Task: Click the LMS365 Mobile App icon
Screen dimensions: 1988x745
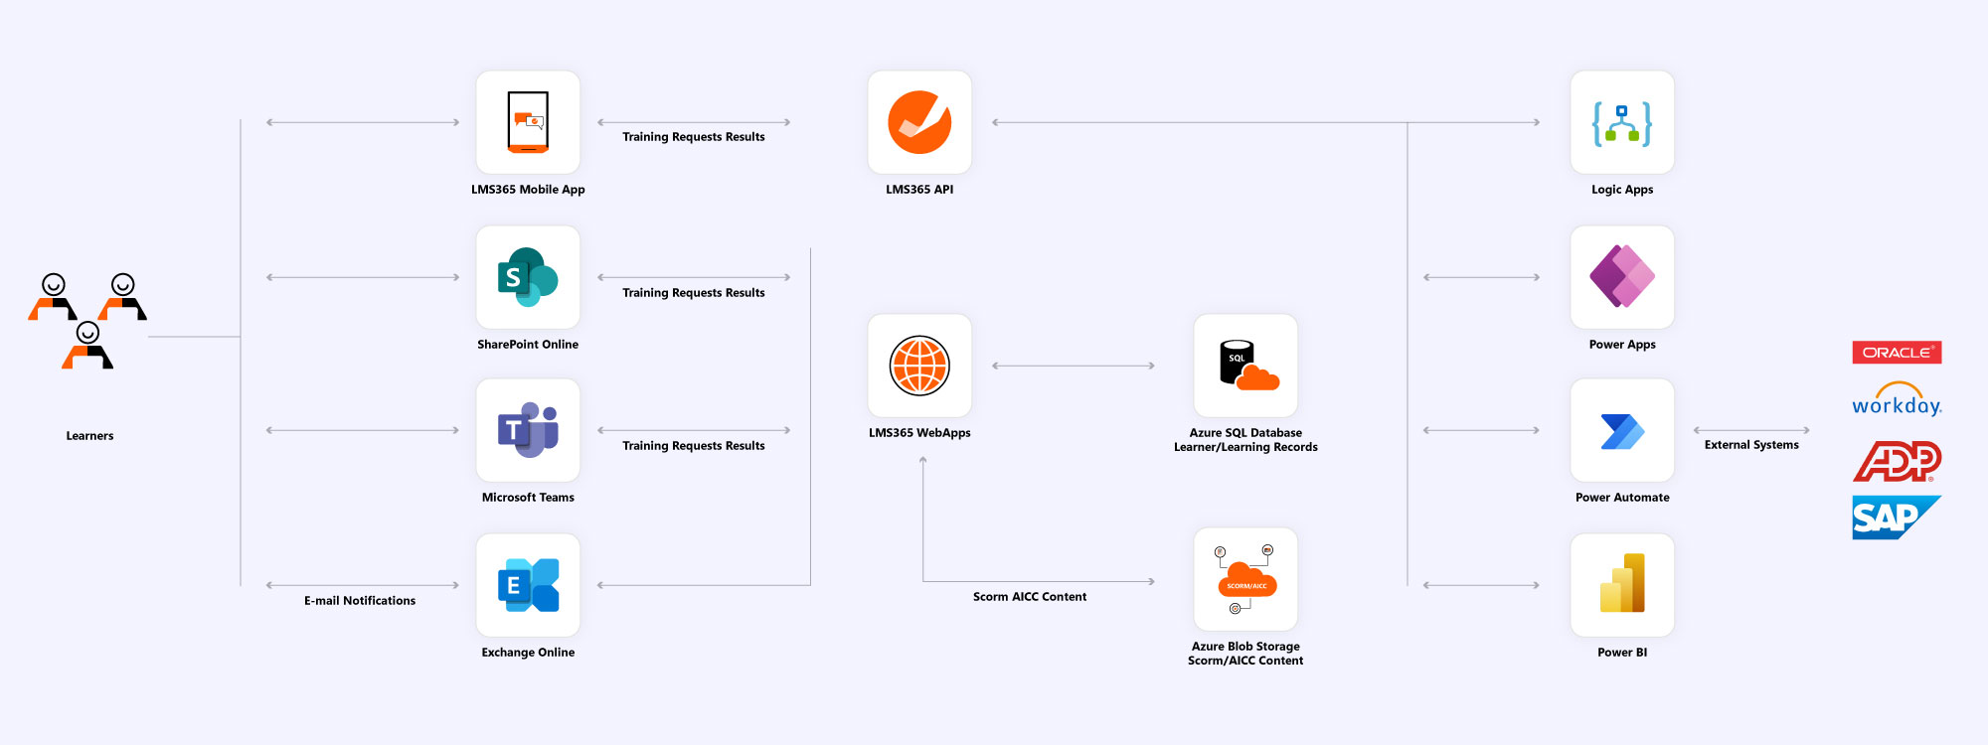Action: [528, 122]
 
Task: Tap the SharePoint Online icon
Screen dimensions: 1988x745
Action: [528, 277]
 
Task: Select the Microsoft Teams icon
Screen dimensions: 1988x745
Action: [528, 430]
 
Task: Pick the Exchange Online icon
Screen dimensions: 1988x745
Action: [528, 585]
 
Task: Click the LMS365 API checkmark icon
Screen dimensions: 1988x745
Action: [919, 122]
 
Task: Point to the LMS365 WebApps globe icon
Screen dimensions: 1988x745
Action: [919, 366]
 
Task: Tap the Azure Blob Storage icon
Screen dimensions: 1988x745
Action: [1245, 579]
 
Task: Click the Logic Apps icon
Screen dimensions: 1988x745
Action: [1622, 122]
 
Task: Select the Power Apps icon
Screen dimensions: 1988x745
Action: [1622, 277]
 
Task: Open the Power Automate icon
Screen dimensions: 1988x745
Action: [1622, 430]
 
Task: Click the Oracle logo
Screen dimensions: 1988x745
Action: [1897, 353]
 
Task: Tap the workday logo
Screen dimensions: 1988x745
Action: [1897, 399]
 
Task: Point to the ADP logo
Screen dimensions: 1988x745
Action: [1897, 461]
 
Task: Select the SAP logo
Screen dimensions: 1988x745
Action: [1897, 518]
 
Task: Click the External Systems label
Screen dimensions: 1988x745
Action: [1751, 445]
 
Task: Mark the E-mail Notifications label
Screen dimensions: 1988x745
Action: [360, 601]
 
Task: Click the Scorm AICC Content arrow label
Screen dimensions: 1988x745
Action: [1030, 597]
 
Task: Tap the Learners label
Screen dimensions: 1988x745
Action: [89, 436]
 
